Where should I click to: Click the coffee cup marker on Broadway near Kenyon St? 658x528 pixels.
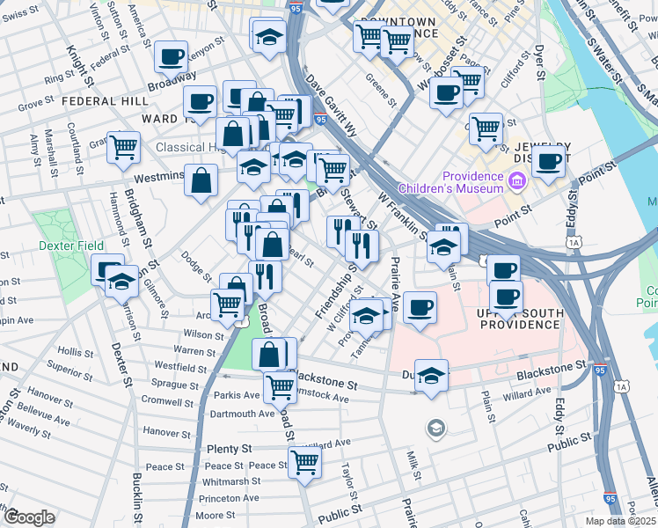pos(172,57)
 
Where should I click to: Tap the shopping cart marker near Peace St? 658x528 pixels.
pos(304,460)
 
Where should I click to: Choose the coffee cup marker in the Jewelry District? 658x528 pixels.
pos(549,161)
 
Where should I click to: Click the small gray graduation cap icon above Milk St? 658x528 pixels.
pos(435,429)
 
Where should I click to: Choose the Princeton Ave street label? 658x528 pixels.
pos(228,498)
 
